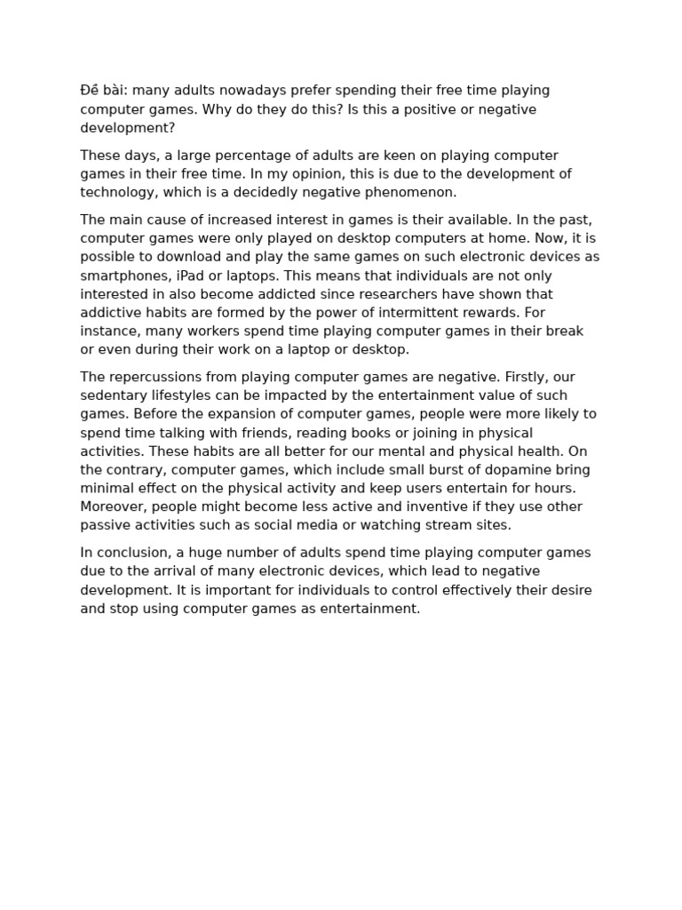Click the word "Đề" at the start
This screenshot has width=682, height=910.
pos(90,91)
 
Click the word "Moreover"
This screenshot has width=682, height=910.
pos(111,507)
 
